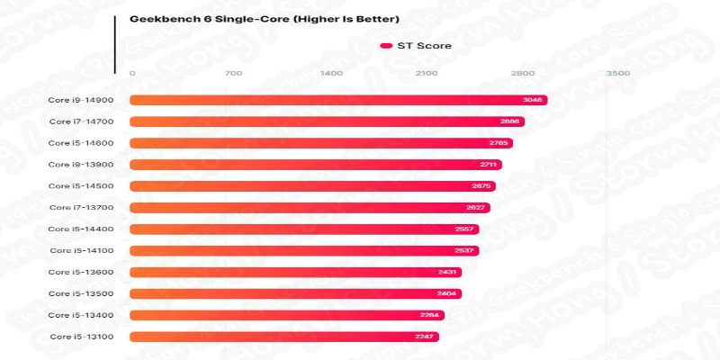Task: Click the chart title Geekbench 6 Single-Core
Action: (x=251, y=18)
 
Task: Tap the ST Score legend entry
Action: (x=416, y=45)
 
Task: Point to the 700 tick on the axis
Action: (x=232, y=73)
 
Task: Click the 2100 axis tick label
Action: (x=427, y=73)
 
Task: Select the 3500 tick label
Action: (x=618, y=73)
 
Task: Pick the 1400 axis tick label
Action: (x=331, y=73)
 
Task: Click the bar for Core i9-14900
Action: (x=338, y=100)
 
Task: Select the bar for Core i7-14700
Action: (x=327, y=121)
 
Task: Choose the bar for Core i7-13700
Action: (x=310, y=208)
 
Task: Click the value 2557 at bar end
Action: (x=467, y=229)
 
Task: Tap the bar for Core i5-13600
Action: (x=296, y=272)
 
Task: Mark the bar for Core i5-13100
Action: (x=284, y=337)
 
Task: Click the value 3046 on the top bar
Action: (x=532, y=100)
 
